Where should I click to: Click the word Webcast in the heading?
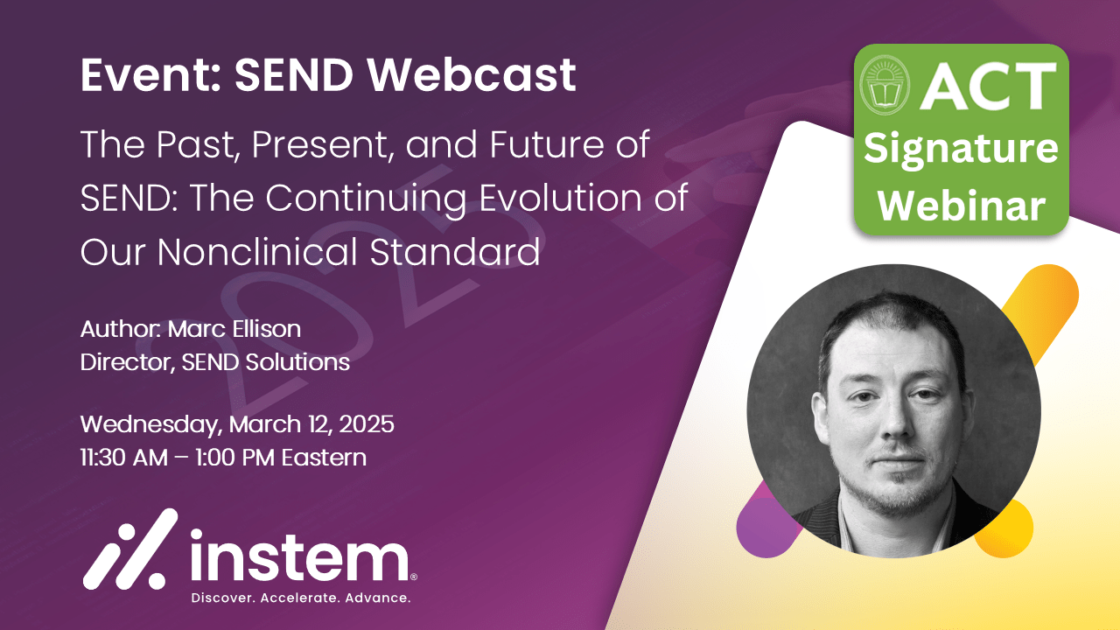(472, 76)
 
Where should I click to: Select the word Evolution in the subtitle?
(561, 199)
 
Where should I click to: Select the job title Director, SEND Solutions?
(215, 362)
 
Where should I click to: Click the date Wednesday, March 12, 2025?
(237, 425)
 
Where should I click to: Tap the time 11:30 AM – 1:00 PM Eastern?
(223, 457)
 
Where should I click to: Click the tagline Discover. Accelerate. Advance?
(300, 598)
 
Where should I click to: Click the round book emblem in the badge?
(885, 88)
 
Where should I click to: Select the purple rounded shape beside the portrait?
(761, 529)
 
